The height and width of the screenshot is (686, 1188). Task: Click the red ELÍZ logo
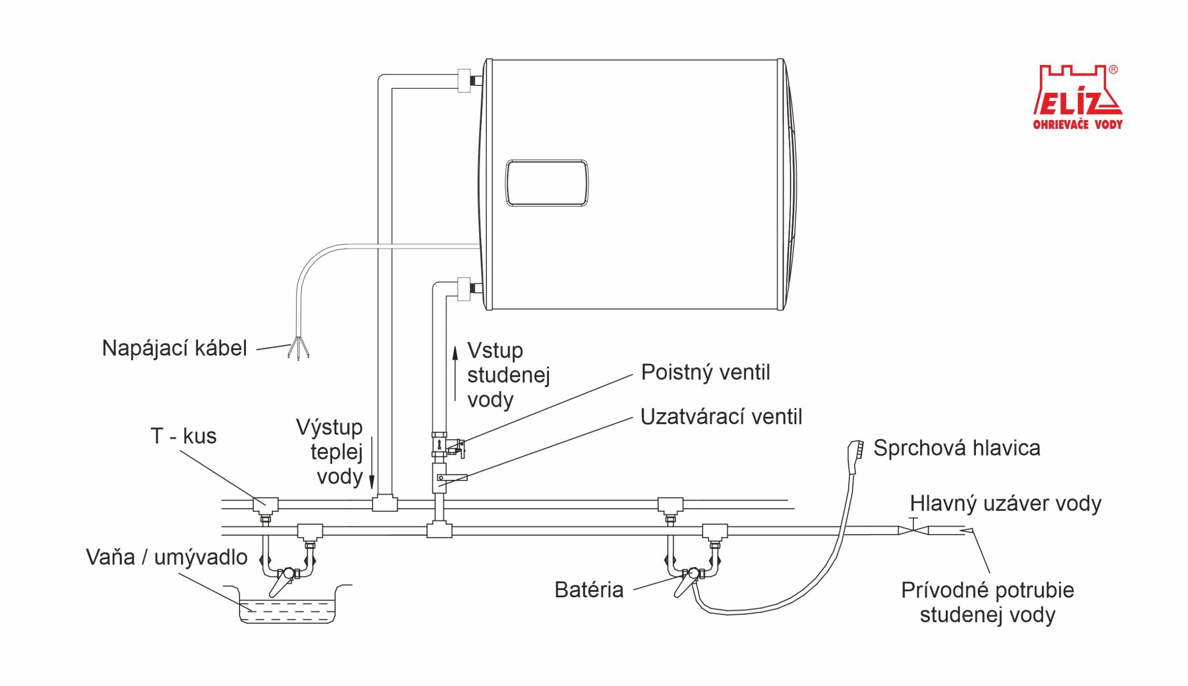pyautogui.click(x=1078, y=97)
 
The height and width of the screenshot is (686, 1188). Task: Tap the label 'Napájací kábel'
pyautogui.click(x=174, y=349)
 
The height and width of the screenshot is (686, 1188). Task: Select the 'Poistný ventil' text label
pyautogui.click(x=706, y=373)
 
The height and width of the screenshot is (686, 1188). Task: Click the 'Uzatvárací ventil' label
pyautogui.click(x=721, y=417)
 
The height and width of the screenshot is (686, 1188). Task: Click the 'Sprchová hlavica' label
pyautogui.click(x=957, y=448)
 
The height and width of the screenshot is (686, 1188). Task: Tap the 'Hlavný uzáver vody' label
pyautogui.click(x=1005, y=504)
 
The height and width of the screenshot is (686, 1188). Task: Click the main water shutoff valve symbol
pyautogui.click(x=913, y=530)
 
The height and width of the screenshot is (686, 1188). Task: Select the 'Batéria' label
pyautogui.click(x=589, y=590)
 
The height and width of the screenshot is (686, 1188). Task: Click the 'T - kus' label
pyautogui.click(x=183, y=436)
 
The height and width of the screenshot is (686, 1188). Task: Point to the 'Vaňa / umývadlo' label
pyautogui.click(x=167, y=557)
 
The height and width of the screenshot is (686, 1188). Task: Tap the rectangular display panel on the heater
pyautogui.click(x=546, y=183)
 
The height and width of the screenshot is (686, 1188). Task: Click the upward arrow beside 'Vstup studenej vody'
pyautogui.click(x=455, y=374)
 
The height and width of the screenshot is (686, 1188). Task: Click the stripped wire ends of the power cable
pyautogui.click(x=298, y=349)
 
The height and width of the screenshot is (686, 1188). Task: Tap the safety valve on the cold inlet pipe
pyautogui.click(x=447, y=445)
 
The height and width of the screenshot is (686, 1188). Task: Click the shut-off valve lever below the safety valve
pyautogui.click(x=452, y=478)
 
